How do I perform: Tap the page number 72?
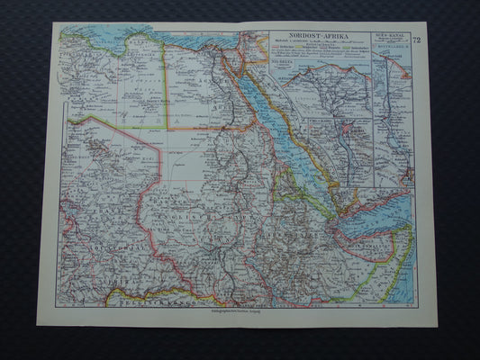pyautogui.click(x=416, y=40)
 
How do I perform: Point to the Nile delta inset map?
pyautogui.click(x=324, y=90)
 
